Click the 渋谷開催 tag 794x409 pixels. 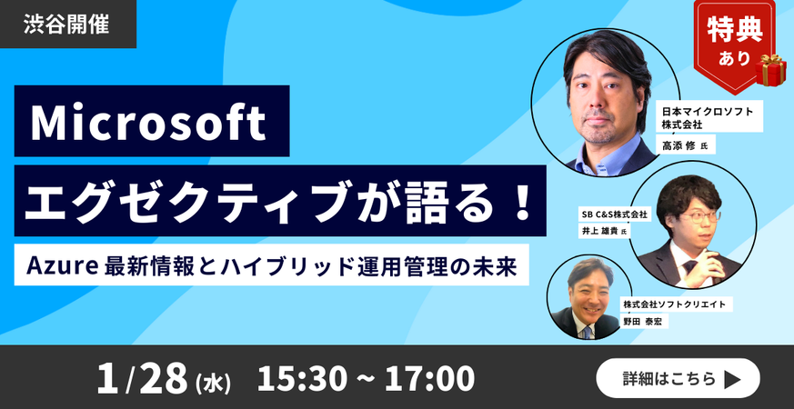coord(66,24)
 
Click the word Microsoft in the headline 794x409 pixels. coord(149,123)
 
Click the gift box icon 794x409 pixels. coord(770,68)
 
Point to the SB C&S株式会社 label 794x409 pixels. coord(614,214)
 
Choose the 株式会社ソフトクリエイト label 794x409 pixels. coord(673,304)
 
